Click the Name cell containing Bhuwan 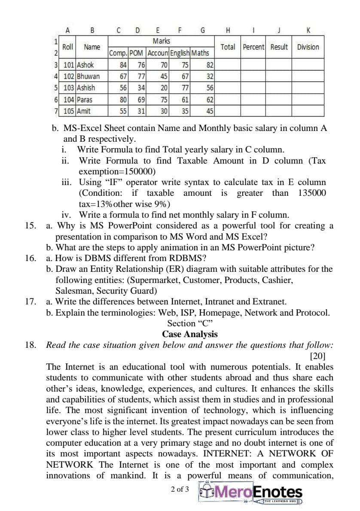[88, 76]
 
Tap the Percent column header [253, 47]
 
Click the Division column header [308, 47]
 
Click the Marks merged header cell [161, 41]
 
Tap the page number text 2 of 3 [180, 489]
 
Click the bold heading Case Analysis [190, 334]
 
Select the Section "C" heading [190, 323]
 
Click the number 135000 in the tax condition [311, 193]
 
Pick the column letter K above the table [308, 30]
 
